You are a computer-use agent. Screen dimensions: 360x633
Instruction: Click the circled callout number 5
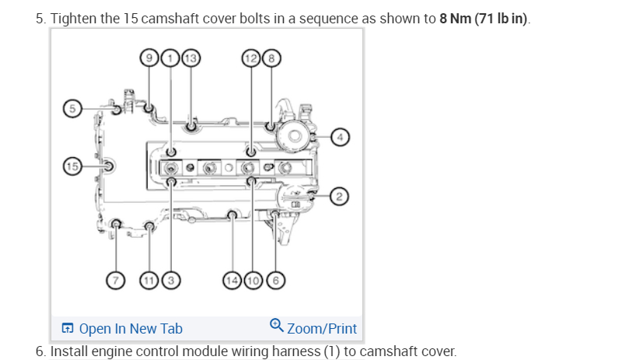(x=72, y=109)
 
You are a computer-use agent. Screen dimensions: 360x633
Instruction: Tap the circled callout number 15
(x=72, y=165)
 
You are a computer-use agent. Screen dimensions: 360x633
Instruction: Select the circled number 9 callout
(x=148, y=57)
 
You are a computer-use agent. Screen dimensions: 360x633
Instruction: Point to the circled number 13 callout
(x=190, y=57)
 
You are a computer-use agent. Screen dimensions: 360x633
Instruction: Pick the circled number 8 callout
(x=271, y=57)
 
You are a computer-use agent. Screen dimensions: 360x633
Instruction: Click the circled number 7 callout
(x=116, y=280)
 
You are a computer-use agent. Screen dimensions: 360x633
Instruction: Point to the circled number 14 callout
(x=232, y=280)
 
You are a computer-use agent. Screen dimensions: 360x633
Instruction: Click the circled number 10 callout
(x=253, y=280)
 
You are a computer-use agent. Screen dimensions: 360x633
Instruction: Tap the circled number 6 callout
(x=275, y=280)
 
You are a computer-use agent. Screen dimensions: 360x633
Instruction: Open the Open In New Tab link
(x=130, y=328)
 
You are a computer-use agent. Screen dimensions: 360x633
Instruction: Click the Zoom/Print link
(x=321, y=328)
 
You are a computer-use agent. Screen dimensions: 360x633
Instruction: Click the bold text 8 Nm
(x=453, y=18)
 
